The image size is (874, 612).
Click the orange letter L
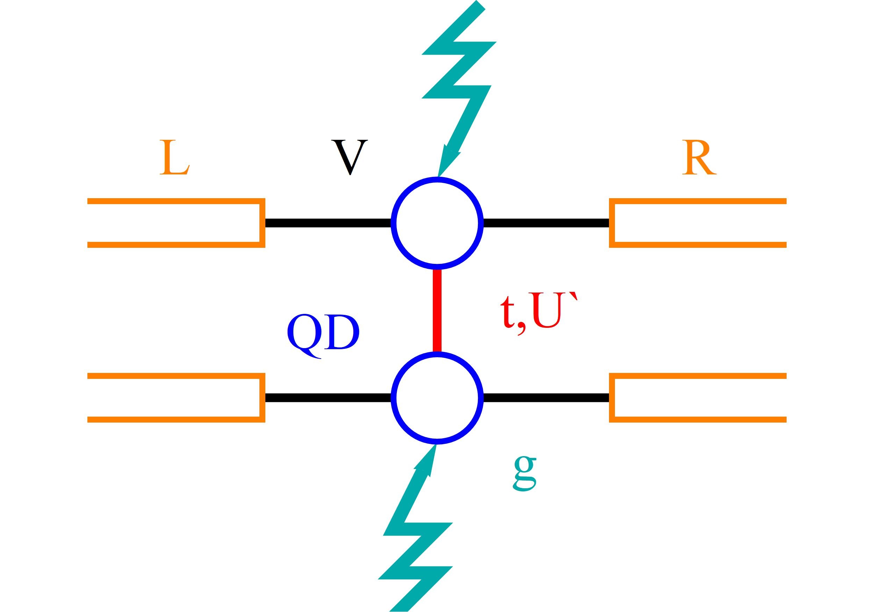[x=174, y=158]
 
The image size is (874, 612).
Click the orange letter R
[x=699, y=158]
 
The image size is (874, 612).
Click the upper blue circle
[x=437, y=223]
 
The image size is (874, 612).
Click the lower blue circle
[x=437, y=398]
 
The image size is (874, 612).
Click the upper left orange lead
[x=175, y=223]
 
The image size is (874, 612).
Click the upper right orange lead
[x=699, y=223]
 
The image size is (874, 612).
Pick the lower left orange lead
[x=175, y=398]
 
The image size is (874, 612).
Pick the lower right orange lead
[x=699, y=398]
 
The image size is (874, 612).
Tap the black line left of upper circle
[x=327, y=223]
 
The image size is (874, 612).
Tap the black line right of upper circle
[x=546, y=223]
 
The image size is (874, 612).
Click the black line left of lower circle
[x=327, y=398]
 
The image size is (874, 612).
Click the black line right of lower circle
[x=546, y=398]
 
